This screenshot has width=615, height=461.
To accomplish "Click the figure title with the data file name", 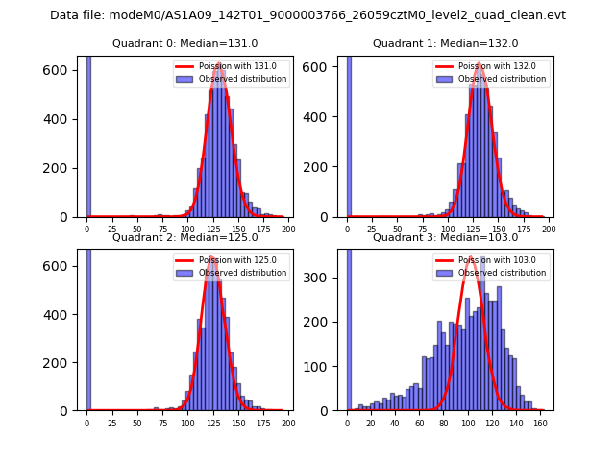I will point(307,15).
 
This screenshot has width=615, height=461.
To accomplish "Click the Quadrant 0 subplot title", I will point(184,43).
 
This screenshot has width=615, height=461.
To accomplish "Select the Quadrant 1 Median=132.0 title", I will point(445,43).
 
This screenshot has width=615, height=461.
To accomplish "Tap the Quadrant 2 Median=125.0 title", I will point(184,237).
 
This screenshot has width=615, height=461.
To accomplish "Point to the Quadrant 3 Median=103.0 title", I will point(445,237).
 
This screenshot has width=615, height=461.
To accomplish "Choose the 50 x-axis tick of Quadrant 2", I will point(136,422).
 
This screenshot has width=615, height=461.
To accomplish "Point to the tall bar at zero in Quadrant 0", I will point(88,135).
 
